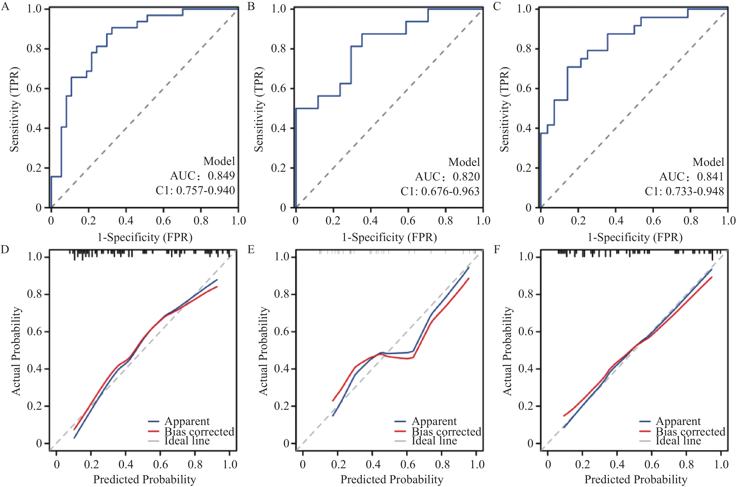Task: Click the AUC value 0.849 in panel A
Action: (x=221, y=176)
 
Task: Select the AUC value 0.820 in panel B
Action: (x=466, y=177)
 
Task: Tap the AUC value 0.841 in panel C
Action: (x=710, y=177)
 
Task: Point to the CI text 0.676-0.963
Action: (x=450, y=191)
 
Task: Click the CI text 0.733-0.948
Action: (x=694, y=191)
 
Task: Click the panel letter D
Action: (x=5, y=249)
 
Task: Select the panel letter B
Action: (x=251, y=6)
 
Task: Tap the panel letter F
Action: (x=497, y=249)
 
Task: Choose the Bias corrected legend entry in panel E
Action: (x=446, y=432)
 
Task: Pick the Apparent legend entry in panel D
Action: (x=187, y=421)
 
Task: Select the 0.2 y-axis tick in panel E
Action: (x=281, y=406)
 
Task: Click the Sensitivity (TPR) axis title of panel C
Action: (x=504, y=109)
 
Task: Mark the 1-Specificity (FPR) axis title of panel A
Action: (x=145, y=237)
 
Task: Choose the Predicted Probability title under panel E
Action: (x=392, y=479)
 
